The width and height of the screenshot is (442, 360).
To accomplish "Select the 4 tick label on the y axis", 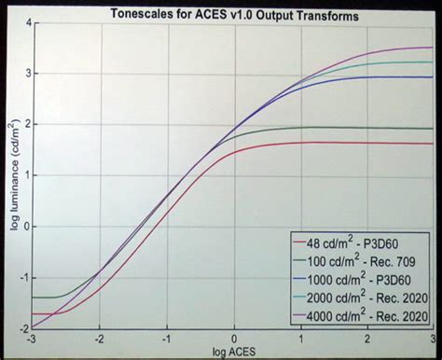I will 22,21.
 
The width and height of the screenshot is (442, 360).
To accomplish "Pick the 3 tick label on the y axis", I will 22,73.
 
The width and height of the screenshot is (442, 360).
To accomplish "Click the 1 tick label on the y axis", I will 22,174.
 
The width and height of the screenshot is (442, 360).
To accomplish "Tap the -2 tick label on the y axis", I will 21,327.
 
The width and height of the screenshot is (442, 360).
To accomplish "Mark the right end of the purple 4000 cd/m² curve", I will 432,47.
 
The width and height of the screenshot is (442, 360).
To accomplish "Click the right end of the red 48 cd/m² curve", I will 432,144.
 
